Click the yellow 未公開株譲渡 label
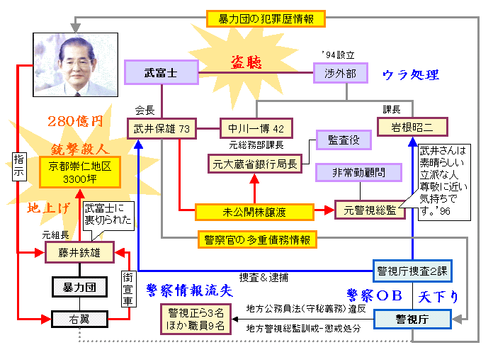pos(255,210)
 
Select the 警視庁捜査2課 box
pos(412,271)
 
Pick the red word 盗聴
pos(246,62)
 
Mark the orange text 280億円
pos(75,121)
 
